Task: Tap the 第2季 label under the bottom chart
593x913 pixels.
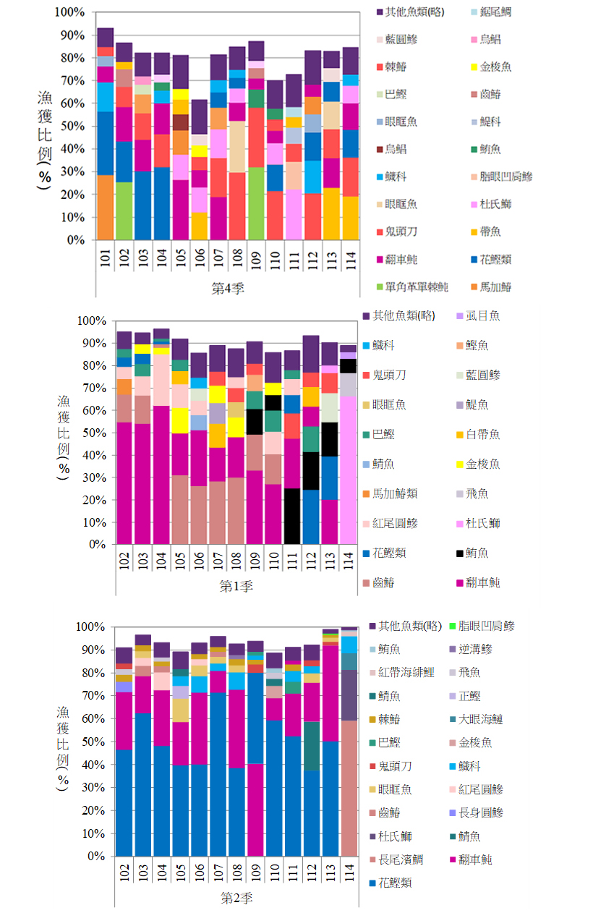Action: (236, 898)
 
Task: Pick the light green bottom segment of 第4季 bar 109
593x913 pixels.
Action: (256, 203)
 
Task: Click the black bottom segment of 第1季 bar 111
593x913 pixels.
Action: (292, 516)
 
